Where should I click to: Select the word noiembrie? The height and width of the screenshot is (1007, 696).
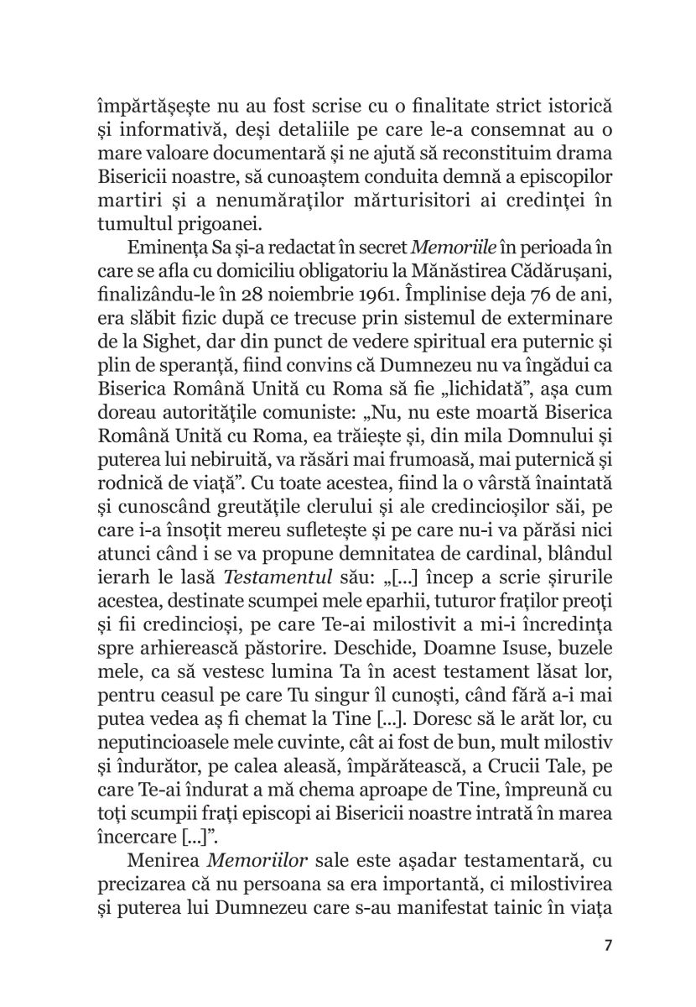(x=327, y=290)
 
